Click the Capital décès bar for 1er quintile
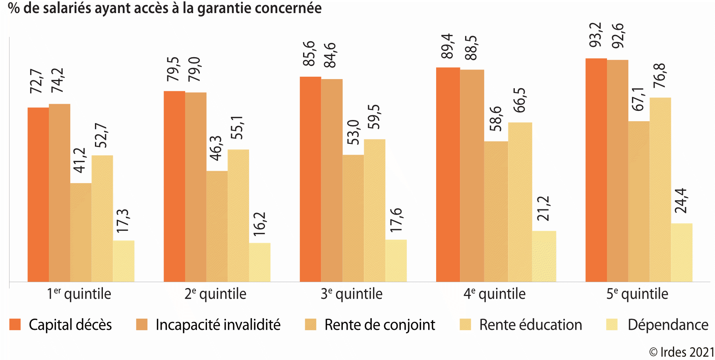coord(38,195)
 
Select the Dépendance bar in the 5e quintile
coord(682,253)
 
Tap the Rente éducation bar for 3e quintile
coord(375,211)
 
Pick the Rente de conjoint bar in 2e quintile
coord(217,226)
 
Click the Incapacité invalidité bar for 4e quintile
coord(472,176)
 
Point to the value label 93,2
coord(595,35)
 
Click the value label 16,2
coord(259,224)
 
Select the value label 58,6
coord(495,118)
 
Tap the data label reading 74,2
coord(57,80)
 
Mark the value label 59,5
coord(374,117)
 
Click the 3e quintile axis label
coord(352,294)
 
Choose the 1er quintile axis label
coord(79,294)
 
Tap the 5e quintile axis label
coord(637,294)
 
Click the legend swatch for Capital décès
coord(15,325)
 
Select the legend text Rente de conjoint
coord(379,325)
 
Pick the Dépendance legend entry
coord(668,325)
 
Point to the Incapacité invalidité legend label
coord(218,325)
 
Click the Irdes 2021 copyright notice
coord(681,352)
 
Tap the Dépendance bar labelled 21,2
coord(544,256)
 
